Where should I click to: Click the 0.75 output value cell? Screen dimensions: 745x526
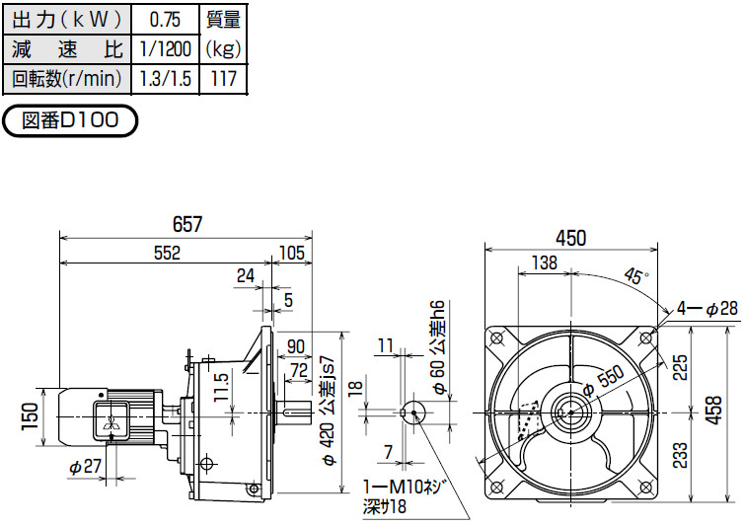tap(165, 20)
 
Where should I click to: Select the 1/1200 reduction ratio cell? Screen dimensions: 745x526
tap(165, 49)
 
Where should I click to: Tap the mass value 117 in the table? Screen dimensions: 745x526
tap(223, 78)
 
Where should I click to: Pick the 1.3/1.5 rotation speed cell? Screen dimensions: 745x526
tap(165, 78)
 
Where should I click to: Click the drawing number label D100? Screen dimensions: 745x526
tap(70, 120)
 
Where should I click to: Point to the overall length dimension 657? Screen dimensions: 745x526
tap(187, 224)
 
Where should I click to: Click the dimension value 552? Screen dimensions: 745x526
tap(167, 254)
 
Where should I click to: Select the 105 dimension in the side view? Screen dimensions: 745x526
tap(291, 254)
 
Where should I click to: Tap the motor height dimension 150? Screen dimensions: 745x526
tap(30, 417)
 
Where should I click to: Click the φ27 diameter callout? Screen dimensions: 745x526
tap(86, 467)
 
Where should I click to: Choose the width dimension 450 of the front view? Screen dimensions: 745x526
tap(570, 238)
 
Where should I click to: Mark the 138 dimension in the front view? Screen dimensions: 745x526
tap(544, 263)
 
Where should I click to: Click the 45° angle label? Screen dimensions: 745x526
tap(636, 275)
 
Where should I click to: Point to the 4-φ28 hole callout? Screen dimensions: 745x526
tap(707, 309)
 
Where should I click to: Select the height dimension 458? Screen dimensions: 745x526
tap(713, 411)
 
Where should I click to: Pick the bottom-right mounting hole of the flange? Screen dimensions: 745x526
tap(645, 488)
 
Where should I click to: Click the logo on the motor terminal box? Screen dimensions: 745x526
tap(111, 423)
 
